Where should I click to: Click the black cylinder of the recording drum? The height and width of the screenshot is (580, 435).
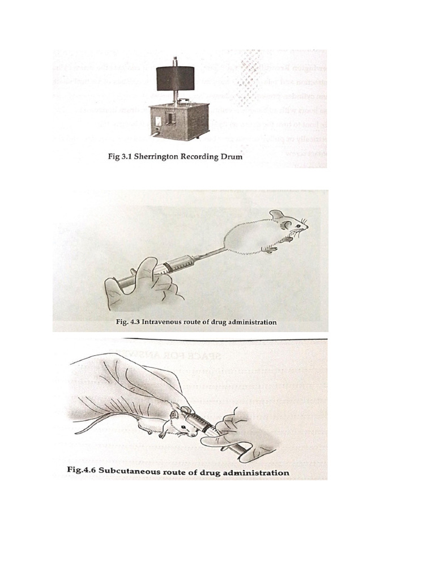coord(176,78)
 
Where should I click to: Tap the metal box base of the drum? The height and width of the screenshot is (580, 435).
coord(175,120)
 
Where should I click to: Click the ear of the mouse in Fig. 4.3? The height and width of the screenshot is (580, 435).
coord(277,215)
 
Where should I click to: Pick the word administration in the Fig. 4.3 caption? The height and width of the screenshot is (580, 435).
coord(251,322)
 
